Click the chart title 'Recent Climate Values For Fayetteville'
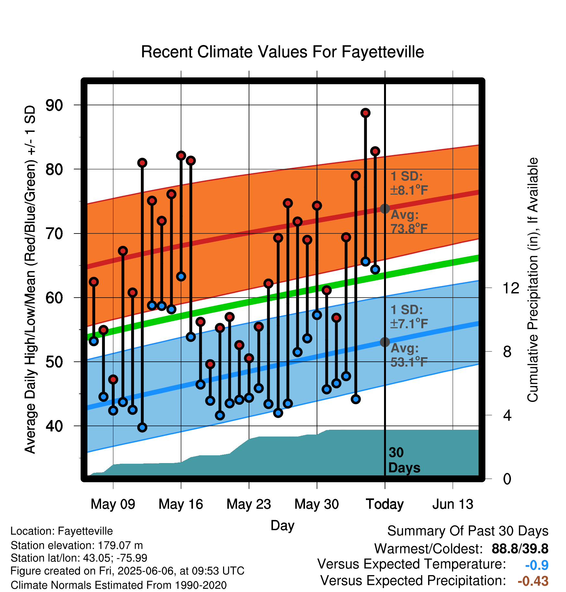click(x=282, y=52)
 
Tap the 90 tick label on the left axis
click(x=54, y=105)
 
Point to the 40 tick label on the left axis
click(x=54, y=426)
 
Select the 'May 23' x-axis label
click(x=249, y=504)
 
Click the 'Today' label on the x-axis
click(x=385, y=504)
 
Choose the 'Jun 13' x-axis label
click(x=453, y=504)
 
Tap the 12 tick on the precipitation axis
click(x=511, y=288)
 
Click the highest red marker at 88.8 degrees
click(x=365, y=113)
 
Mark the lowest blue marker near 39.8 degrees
click(x=142, y=427)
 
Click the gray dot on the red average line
click(x=385, y=209)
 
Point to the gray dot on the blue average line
click(x=385, y=342)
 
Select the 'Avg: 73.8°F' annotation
click(x=409, y=222)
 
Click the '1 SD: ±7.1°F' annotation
click(x=409, y=316)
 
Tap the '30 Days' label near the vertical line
click(x=404, y=460)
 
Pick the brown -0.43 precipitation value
click(x=533, y=581)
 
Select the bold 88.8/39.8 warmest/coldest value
click(x=520, y=549)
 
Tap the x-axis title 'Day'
click(x=282, y=525)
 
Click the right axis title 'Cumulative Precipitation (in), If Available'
click(x=533, y=280)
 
